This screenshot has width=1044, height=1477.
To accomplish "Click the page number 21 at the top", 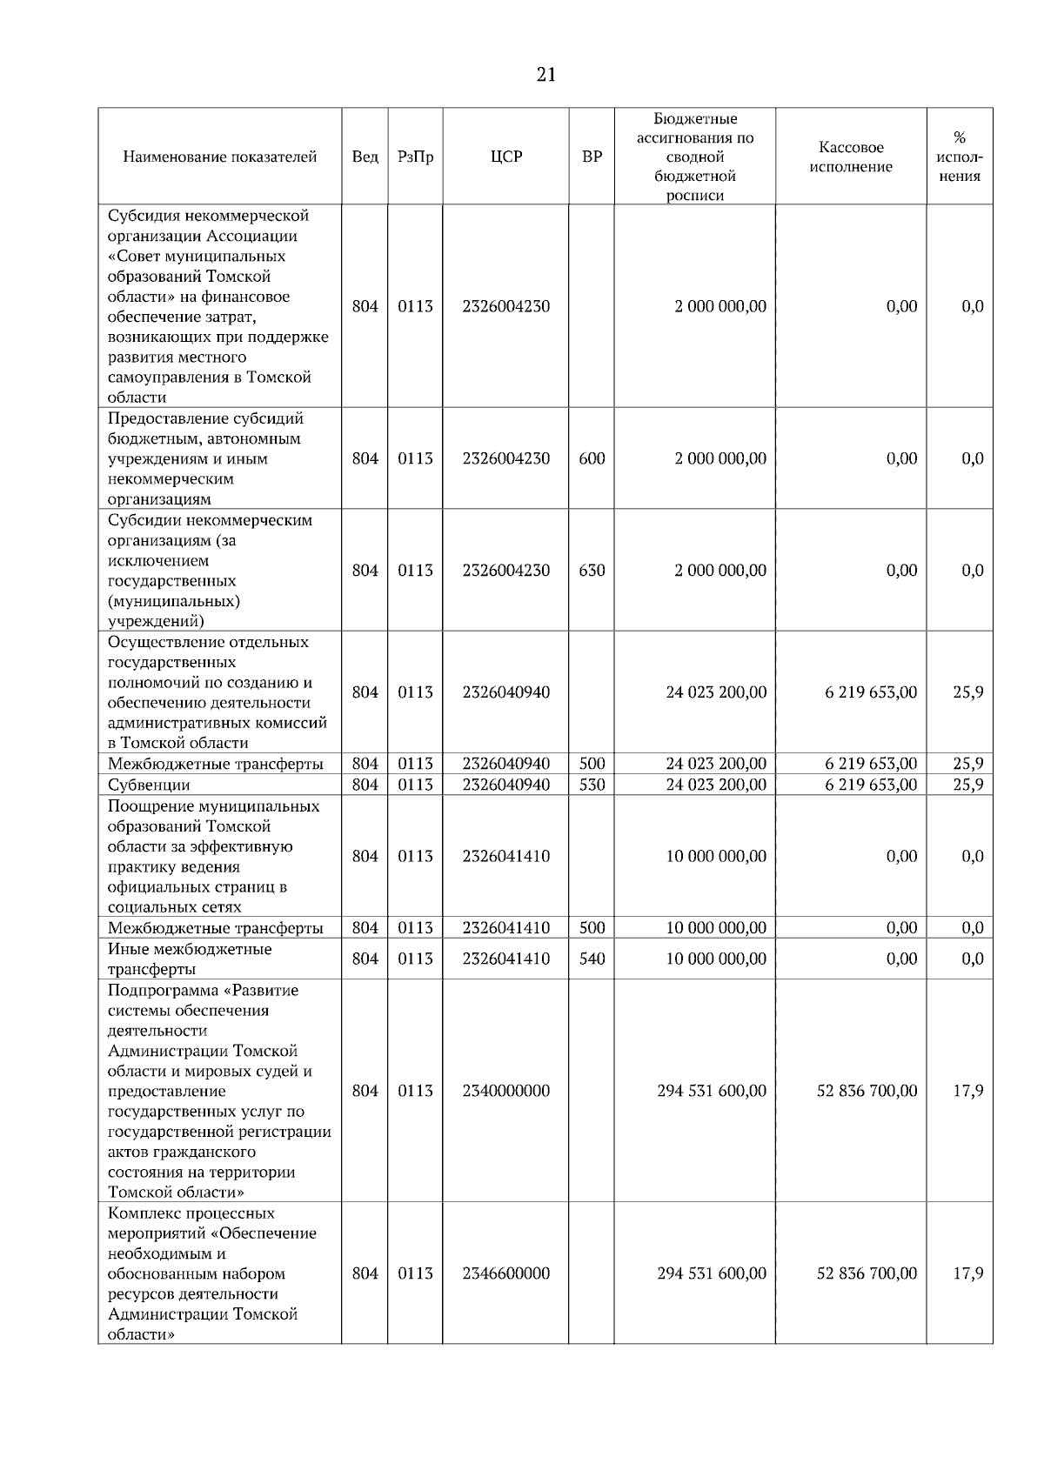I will pyautogui.click(x=546, y=75).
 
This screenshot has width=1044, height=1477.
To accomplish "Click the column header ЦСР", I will pyautogui.click(x=505, y=157).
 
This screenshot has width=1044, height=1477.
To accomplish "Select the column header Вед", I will pyautogui.click(x=365, y=157).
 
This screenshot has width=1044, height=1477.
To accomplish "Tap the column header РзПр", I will pyautogui.click(x=415, y=157).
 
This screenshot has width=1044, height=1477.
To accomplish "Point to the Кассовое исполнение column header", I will pyautogui.click(x=851, y=157).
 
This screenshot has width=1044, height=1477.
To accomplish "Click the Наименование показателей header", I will pyautogui.click(x=219, y=157).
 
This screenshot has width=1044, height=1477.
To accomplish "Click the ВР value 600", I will pyautogui.click(x=592, y=458).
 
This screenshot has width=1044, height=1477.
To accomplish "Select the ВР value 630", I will pyautogui.click(x=592, y=571).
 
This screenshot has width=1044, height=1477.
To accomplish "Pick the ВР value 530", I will pyautogui.click(x=592, y=785).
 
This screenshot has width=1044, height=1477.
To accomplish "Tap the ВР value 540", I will pyautogui.click(x=592, y=959).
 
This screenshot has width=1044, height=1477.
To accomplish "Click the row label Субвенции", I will pyautogui.click(x=149, y=785).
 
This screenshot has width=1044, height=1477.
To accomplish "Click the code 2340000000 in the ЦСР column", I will pyautogui.click(x=505, y=1091).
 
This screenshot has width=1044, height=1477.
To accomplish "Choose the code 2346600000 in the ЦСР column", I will pyautogui.click(x=505, y=1273).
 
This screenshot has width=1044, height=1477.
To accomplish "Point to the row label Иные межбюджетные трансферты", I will pyautogui.click(x=189, y=959).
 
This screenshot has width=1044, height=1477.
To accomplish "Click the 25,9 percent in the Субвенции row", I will pyautogui.click(x=967, y=785).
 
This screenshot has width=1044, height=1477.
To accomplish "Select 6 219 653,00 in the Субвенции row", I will pyautogui.click(x=870, y=785).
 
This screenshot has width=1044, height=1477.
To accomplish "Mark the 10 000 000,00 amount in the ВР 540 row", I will pyautogui.click(x=716, y=959).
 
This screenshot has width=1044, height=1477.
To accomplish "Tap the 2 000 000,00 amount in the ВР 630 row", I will pyautogui.click(x=720, y=571).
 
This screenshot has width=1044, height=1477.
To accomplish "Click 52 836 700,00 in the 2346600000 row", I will pyautogui.click(x=867, y=1273).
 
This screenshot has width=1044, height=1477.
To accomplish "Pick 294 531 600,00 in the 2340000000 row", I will pyautogui.click(x=712, y=1091).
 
